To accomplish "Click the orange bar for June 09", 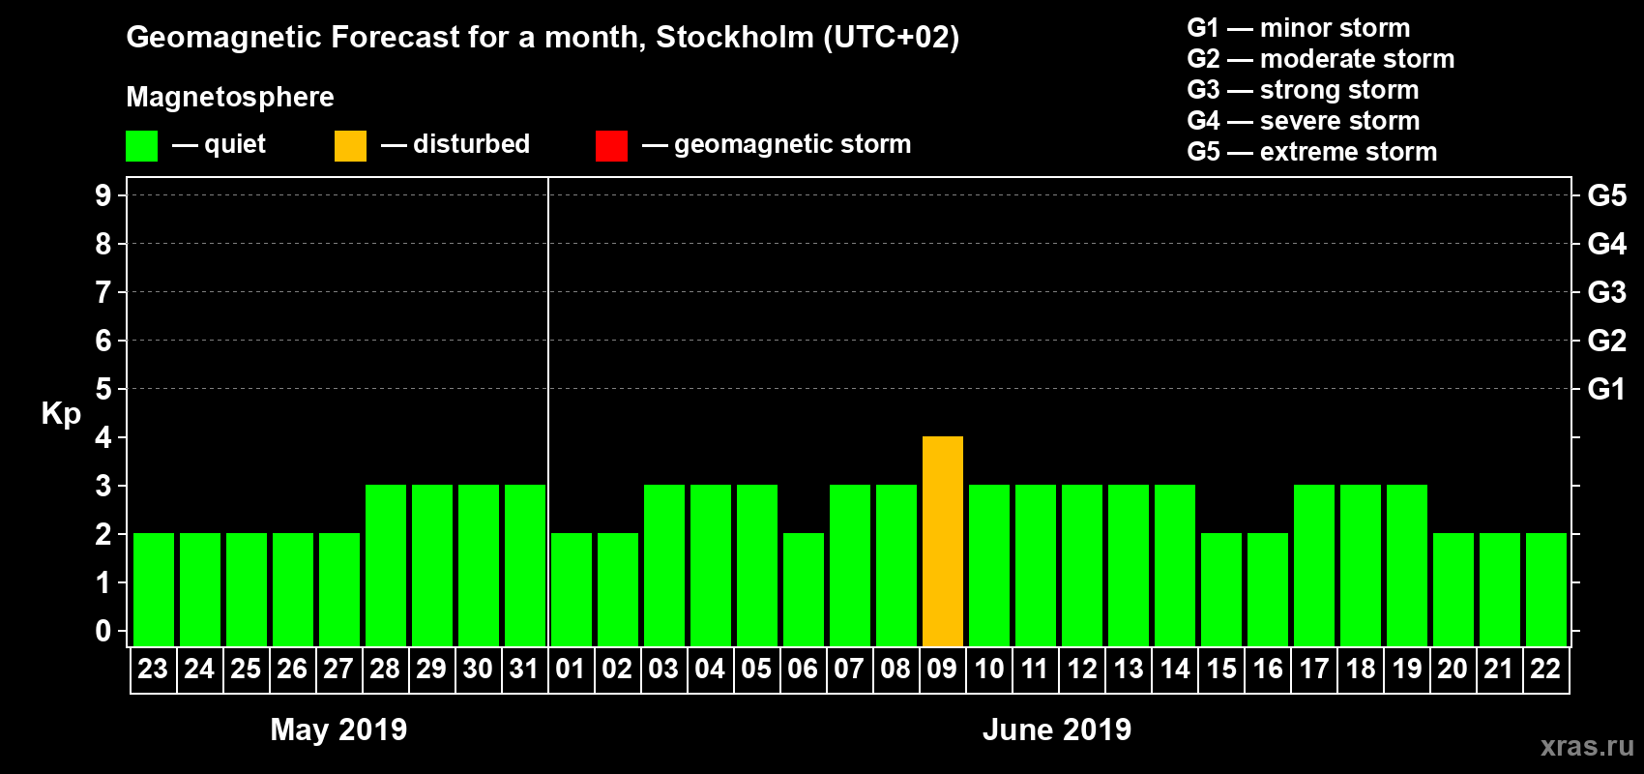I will [943, 542].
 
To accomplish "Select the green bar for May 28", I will [386, 566].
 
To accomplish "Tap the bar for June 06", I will [804, 590].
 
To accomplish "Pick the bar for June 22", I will [1546, 590].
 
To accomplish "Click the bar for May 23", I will [154, 590].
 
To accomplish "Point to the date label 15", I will [1221, 670].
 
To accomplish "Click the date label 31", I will [524, 670].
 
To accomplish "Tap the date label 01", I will [571, 670].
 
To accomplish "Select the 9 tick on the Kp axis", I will [103, 195].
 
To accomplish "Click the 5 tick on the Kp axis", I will [103, 389].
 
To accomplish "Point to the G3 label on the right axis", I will [1606, 292].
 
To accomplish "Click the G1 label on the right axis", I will [1606, 389].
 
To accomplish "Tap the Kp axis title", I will [61, 413].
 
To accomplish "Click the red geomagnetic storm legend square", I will [611, 146].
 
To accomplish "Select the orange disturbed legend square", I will [350, 146].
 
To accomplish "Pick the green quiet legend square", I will [141, 146].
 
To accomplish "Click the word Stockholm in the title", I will [735, 38].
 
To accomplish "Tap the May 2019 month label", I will [338, 729].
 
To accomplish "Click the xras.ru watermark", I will [1586, 746].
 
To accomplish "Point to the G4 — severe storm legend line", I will [1303, 121].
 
